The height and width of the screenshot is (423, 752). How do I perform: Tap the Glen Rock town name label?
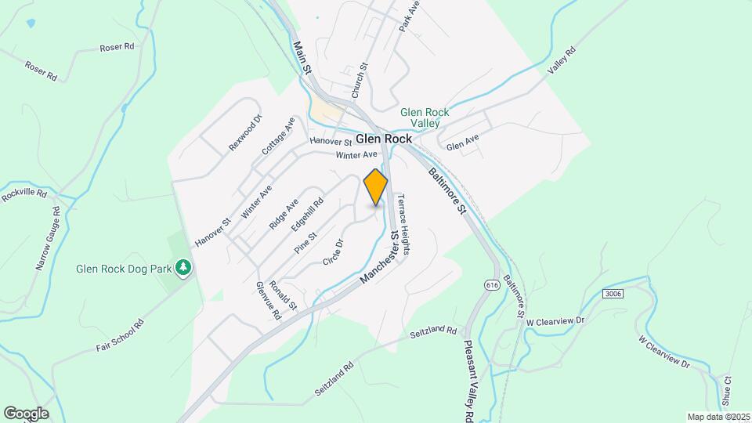384,139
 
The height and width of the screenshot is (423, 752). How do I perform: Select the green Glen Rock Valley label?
425,117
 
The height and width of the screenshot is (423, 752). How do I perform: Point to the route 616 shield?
491,284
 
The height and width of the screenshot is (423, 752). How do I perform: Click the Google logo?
26,413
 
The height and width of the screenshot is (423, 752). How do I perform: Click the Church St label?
358,81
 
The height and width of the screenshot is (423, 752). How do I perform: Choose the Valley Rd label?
562,61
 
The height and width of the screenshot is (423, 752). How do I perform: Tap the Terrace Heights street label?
404,224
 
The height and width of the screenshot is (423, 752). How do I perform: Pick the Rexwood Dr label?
245,133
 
